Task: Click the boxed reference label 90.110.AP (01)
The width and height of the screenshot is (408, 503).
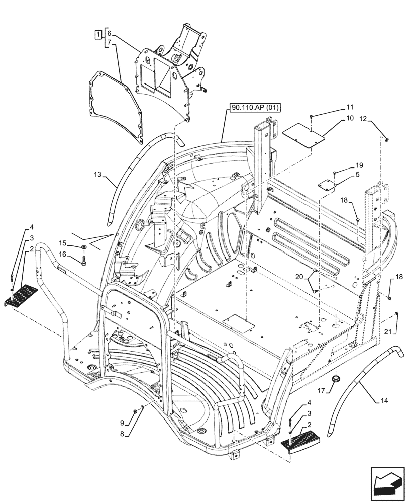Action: coord(255,107)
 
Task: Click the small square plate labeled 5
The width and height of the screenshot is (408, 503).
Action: coord(327,184)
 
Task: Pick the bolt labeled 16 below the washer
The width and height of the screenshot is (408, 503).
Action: coord(84,261)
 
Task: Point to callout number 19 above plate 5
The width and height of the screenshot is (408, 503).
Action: coord(359,165)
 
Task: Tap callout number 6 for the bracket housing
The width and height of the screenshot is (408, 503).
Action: coord(110,34)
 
